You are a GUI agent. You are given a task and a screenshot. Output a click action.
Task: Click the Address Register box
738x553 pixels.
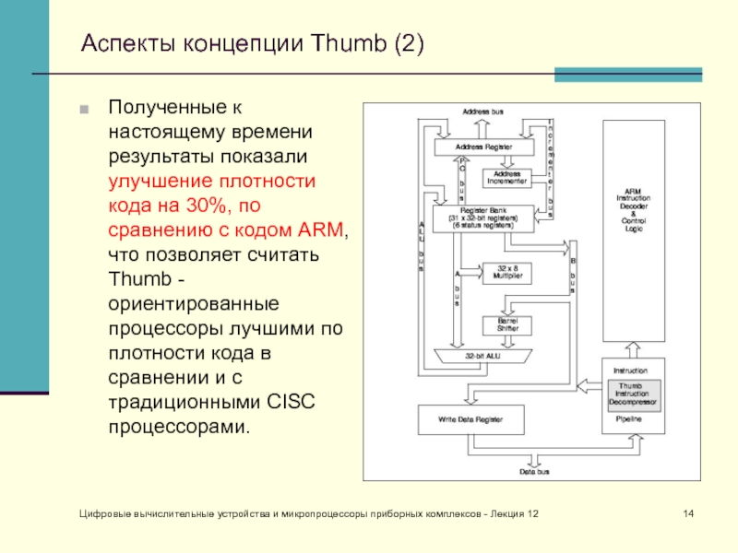(x=483, y=147)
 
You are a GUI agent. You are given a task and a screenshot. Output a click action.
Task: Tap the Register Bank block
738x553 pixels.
(x=483, y=218)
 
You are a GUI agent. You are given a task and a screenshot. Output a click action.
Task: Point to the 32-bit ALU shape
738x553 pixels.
(x=482, y=356)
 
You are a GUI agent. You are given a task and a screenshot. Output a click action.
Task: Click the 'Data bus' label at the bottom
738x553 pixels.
(x=533, y=472)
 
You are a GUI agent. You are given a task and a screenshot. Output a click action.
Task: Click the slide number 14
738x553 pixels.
(x=687, y=512)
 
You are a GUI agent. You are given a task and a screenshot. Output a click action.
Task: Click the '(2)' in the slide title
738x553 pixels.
(x=406, y=43)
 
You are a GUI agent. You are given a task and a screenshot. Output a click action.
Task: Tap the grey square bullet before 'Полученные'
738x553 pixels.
(x=85, y=110)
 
